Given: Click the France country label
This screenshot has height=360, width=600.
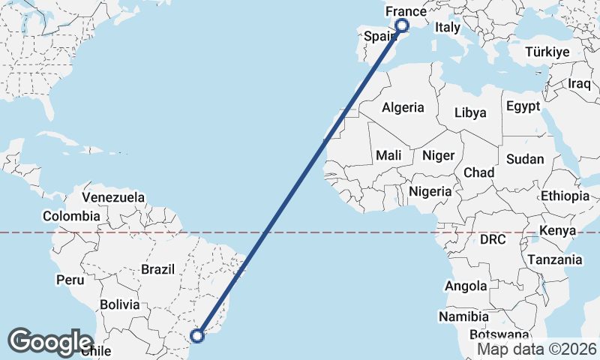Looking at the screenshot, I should point(406,12).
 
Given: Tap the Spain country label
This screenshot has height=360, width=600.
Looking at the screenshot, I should point(379,36).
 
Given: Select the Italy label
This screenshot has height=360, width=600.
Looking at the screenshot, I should point(448,27).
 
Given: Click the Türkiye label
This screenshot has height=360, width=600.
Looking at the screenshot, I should point(547,52).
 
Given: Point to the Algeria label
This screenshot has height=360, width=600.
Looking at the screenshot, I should point(403,107).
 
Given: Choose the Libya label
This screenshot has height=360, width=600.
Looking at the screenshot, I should point(470,112).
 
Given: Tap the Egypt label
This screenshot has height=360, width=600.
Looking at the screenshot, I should point(523,106).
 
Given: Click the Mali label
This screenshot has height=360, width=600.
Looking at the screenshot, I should point(388,155).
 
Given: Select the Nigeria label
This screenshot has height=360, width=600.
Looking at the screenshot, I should point(430,191).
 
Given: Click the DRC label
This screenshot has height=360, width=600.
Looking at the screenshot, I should point(493,240).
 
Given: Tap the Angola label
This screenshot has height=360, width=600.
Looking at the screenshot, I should point(466,286).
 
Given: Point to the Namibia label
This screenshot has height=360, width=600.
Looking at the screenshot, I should point(465,317).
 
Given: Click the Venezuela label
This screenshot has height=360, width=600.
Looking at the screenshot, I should point(113,197).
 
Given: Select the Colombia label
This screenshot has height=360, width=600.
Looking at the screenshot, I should point(70,216).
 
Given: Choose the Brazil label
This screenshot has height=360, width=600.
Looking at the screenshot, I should point(157,268).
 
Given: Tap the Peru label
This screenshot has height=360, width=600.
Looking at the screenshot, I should point(70,280).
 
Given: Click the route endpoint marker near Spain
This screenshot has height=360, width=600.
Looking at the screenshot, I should point(401,25).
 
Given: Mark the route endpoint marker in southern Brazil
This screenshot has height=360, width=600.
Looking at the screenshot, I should point(198,335).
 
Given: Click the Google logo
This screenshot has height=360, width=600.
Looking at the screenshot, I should point(50,342).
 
